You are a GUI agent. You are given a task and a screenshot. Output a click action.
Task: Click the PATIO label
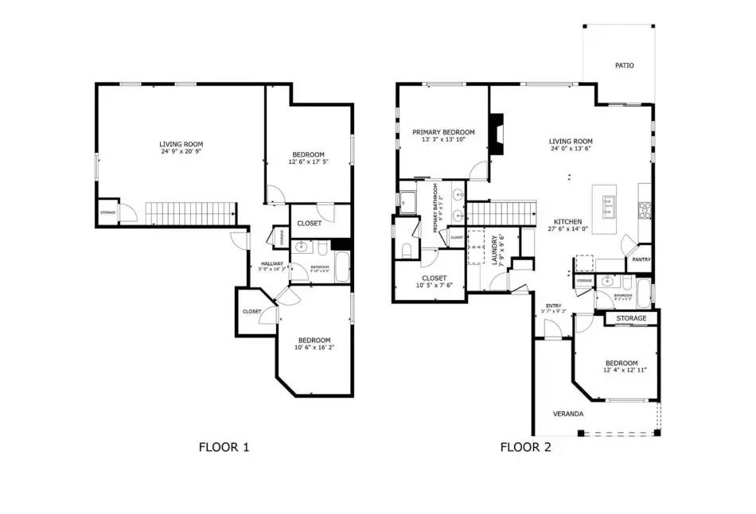tap(625, 65)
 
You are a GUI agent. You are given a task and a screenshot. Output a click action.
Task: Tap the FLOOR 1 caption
tap(224, 447)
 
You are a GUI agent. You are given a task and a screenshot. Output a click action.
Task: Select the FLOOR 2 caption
tap(525, 447)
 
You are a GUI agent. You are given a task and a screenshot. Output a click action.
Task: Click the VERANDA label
tap(569, 415)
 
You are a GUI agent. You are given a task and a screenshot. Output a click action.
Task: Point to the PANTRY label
tap(641, 259)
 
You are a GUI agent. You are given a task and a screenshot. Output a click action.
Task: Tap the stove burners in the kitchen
tap(645, 210)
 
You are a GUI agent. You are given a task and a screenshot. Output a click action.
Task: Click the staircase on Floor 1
tap(191, 212)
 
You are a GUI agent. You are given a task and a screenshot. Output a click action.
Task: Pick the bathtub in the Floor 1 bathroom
tap(342, 267)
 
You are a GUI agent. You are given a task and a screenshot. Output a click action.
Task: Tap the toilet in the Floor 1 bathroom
tap(322, 248)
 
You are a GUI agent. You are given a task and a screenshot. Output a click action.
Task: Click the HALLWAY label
tap(271, 263)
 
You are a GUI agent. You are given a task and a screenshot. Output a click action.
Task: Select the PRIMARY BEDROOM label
tap(443, 132)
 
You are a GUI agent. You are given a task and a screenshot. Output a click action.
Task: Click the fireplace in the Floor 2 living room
tap(497, 133)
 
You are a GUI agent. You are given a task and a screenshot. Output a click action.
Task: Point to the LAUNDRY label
tap(495, 249)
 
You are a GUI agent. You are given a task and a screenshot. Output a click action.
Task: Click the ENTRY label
tap(553, 306)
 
